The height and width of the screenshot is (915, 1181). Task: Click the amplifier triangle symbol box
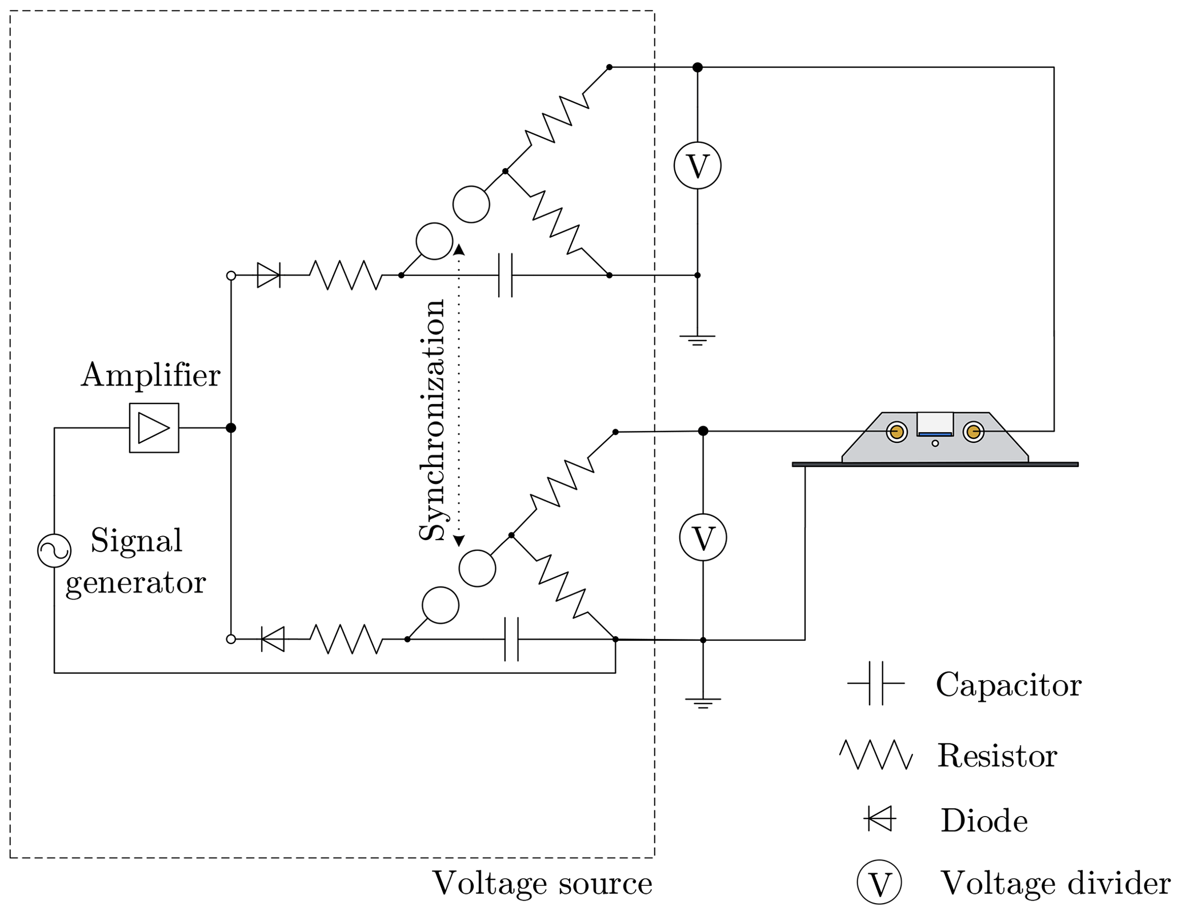[x=154, y=428]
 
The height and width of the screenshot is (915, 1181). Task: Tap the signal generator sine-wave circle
[x=54, y=551]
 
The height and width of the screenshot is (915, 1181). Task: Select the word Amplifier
[x=150, y=376]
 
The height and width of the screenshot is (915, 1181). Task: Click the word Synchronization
[x=432, y=419]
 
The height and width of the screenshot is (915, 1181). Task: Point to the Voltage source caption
[x=542, y=884]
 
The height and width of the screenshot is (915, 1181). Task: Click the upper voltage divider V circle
[x=697, y=166]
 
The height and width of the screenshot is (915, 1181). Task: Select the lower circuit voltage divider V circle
[x=703, y=538]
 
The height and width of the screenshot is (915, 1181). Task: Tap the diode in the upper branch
[x=269, y=275]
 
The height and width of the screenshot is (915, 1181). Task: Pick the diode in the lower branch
[x=273, y=639]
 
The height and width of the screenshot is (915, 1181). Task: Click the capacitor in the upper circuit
[x=506, y=275]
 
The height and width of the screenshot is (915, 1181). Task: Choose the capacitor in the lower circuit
[x=511, y=639]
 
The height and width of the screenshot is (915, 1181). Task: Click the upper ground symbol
[x=697, y=341]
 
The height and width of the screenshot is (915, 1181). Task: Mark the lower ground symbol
[x=703, y=703]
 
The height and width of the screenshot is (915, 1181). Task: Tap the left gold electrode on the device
[x=896, y=432]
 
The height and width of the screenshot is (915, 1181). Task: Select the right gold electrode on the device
[x=973, y=432]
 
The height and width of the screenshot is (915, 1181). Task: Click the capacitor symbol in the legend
[x=876, y=683]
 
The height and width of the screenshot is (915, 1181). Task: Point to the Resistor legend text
[x=997, y=756]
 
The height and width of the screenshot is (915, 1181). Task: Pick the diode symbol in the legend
[x=880, y=819]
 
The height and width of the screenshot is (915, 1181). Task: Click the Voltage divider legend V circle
[x=879, y=882]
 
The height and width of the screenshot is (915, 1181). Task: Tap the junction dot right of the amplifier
[x=231, y=428]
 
